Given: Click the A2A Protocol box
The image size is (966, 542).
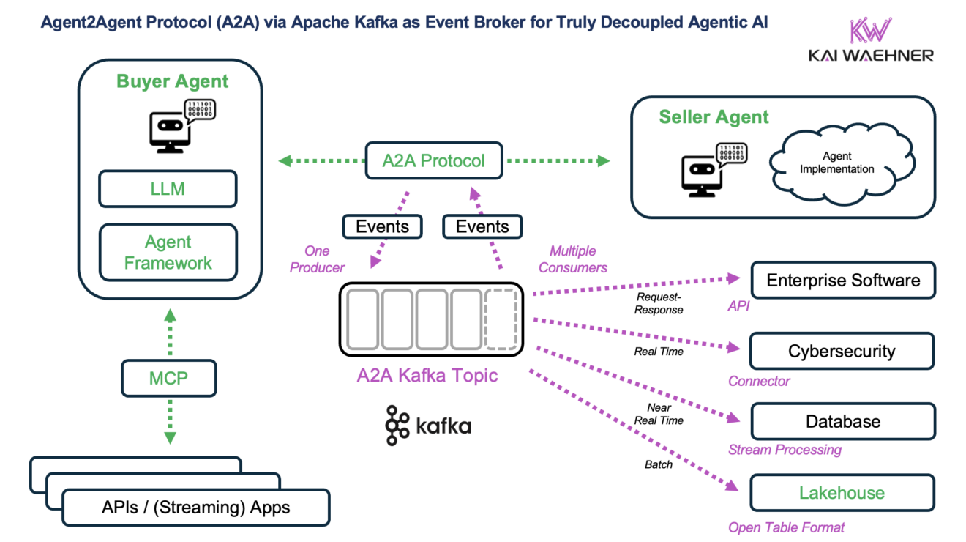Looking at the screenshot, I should (x=434, y=160).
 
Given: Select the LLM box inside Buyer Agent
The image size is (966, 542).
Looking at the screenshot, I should (x=168, y=189).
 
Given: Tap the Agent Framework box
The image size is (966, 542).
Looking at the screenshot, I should (x=168, y=253).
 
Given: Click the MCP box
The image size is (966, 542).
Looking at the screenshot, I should (x=169, y=378).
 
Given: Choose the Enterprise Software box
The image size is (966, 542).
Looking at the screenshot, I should (x=843, y=281).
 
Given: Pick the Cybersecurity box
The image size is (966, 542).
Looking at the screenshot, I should (x=842, y=351).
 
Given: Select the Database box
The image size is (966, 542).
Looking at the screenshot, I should (x=843, y=422).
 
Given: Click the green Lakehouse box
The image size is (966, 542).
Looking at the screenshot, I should (x=842, y=493).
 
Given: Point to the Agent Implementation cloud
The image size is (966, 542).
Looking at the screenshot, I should (x=836, y=163).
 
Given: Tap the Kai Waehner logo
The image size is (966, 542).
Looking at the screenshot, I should (x=871, y=40).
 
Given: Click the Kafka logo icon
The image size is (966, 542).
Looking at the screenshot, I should (x=397, y=425).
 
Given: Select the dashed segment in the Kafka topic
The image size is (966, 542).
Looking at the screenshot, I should (x=501, y=319).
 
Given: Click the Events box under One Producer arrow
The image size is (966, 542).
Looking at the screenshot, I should (x=382, y=226).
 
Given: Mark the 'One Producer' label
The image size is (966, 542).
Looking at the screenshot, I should (x=316, y=259).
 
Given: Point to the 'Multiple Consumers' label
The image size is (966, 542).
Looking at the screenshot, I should (x=573, y=259).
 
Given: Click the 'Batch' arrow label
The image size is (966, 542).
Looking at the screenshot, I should (x=659, y=464).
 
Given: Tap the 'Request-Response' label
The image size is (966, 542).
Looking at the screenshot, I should (x=659, y=303).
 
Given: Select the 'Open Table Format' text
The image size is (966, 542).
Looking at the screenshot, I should (x=786, y=527).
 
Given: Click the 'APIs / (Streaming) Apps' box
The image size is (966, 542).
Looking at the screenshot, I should (x=195, y=507).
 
